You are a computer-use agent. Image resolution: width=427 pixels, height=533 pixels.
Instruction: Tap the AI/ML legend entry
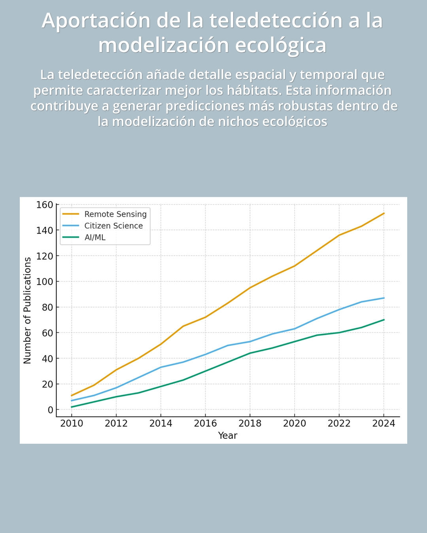click(x=95, y=237)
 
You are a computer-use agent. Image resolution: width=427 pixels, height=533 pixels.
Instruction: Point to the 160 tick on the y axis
click(x=45, y=205)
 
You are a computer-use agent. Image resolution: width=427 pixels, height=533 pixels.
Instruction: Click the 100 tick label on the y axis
click(x=45, y=282)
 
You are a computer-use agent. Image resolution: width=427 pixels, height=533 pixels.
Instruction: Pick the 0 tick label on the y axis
click(x=50, y=410)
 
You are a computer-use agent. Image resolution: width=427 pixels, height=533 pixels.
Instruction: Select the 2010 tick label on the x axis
click(x=72, y=424)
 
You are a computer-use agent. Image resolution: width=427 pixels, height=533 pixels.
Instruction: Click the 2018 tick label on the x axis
click(x=250, y=424)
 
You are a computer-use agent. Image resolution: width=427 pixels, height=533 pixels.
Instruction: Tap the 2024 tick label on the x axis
click(x=384, y=424)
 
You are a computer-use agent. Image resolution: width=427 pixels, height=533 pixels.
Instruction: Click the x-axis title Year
click(x=228, y=435)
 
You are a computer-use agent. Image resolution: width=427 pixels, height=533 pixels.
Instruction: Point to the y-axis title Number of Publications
click(x=27, y=310)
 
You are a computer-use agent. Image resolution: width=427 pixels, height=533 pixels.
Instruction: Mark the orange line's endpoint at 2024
click(x=384, y=214)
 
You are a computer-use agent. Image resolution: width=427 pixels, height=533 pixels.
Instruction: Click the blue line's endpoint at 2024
click(x=384, y=298)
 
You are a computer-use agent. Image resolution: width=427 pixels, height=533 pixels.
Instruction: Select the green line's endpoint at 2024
click(x=384, y=320)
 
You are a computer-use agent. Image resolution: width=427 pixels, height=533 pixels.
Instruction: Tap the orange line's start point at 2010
click(x=72, y=396)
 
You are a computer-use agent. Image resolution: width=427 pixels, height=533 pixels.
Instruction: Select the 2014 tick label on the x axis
click(x=161, y=424)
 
